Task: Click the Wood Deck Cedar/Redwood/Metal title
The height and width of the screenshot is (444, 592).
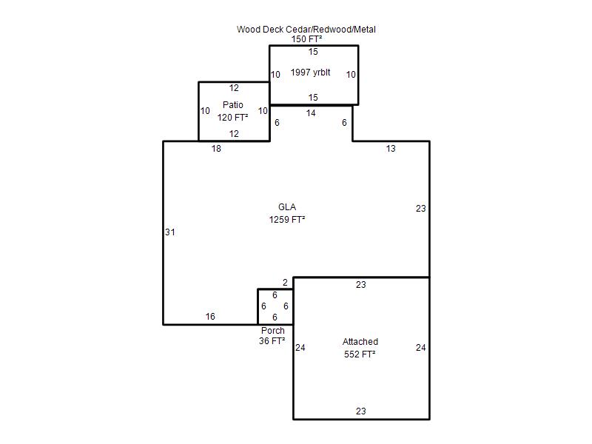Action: pyautogui.click(x=306, y=30)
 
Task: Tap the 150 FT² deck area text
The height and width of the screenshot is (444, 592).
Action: pyautogui.click(x=306, y=39)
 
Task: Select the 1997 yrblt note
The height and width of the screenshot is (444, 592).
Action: pyautogui.click(x=310, y=72)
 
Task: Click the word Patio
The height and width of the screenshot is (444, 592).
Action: pyautogui.click(x=233, y=104)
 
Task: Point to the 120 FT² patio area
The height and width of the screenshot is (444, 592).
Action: pyautogui.click(x=232, y=118)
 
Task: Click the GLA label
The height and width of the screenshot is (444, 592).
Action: pyautogui.click(x=287, y=207)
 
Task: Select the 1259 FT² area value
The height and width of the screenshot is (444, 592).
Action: pyautogui.click(x=287, y=219)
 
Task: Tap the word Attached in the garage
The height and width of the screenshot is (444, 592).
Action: pyautogui.click(x=360, y=342)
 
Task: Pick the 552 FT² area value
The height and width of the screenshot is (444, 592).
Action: pyautogui.click(x=360, y=354)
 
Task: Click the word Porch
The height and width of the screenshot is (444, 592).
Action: pyautogui.click(x=273, y=330)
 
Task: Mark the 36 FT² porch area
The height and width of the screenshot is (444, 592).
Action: pyautogui.click(x=272, y=341)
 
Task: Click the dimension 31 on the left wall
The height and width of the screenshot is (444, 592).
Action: pyautogui.click(x=170, y=232)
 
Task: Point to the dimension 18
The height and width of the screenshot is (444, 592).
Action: pyautogui.click(x=216, y=149)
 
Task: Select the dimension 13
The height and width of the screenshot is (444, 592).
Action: pyautogui.click(x=391, y=149)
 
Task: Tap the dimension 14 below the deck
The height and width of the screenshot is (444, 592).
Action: pyautogui.click(x=311, y=113)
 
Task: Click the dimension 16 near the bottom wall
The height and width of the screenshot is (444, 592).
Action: pyautogui.click(x=210, y=317)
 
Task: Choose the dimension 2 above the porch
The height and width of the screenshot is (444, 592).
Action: pyautogui.click(x=285, y=283)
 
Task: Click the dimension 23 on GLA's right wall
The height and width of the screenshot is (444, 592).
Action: pyautogui.click(x=421, y=209)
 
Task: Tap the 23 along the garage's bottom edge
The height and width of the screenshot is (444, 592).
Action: pyautogui.click(x=361, y=411)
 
